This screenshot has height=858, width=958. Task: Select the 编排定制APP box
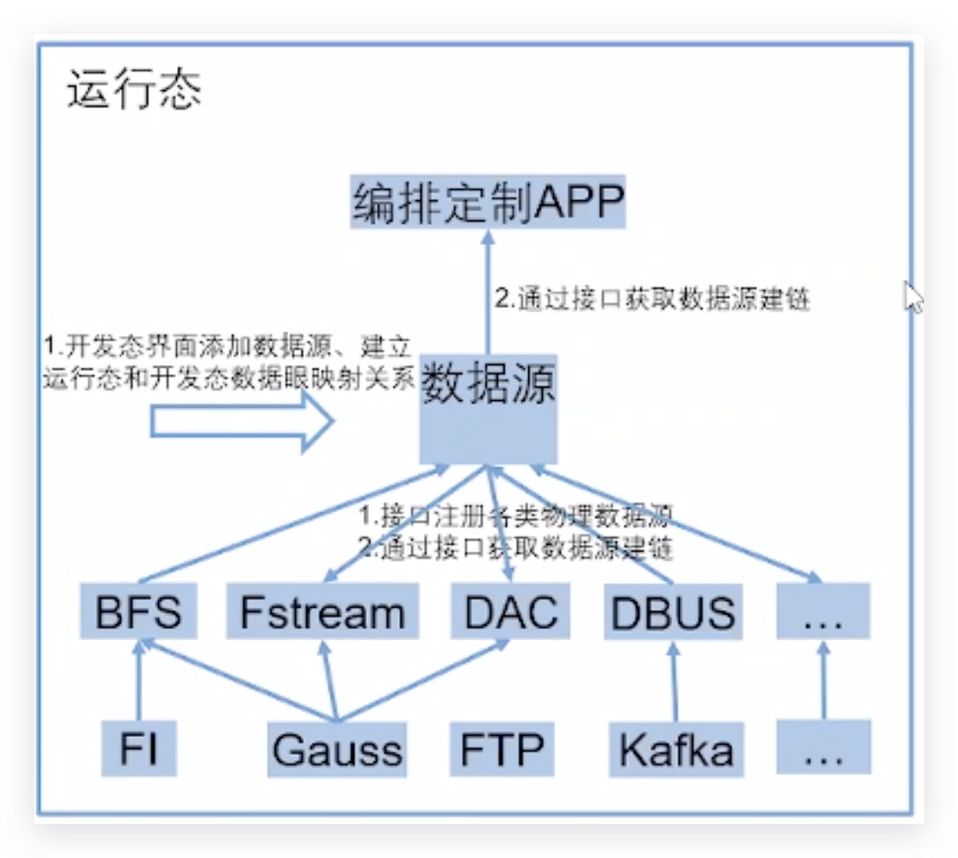[x=488, y=202]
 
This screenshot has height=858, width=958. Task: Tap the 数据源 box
[x=488, y=409]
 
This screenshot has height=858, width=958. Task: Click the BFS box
[x=139, y=612]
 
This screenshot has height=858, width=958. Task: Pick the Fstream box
[x=322, y=612]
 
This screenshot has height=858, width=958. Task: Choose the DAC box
[x=511, y=612]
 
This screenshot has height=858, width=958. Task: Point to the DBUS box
[x=673, y=612]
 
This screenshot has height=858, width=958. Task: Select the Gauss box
[x=337, y=750]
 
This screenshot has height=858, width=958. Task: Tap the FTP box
[x=502, y=749]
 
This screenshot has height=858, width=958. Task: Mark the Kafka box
[x=676, y=749]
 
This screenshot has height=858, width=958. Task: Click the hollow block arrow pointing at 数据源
[x=242, y=424]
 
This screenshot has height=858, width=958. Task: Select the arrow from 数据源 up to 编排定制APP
[x=488, y=289]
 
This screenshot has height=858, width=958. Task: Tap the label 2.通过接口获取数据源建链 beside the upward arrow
[x=652, y=300]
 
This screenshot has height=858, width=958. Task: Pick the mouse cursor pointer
[x=912, y=298]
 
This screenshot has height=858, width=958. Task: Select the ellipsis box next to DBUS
[x=823, y=612]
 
